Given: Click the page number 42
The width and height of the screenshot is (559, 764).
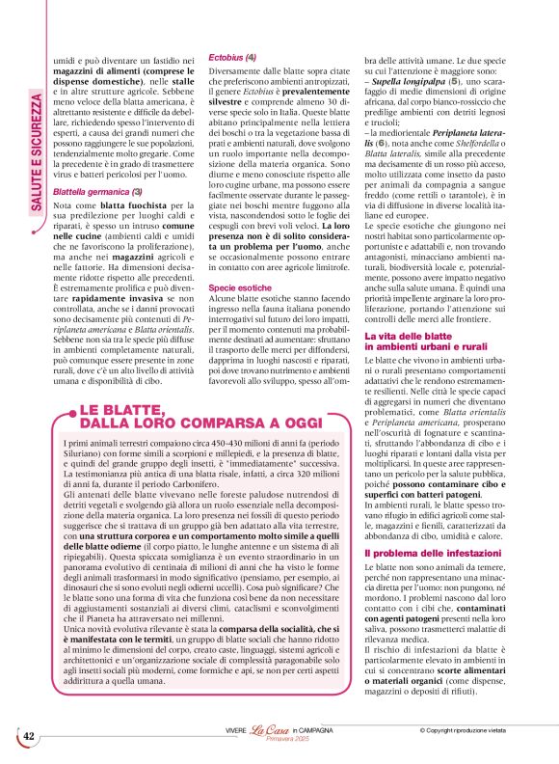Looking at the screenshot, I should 29,737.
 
